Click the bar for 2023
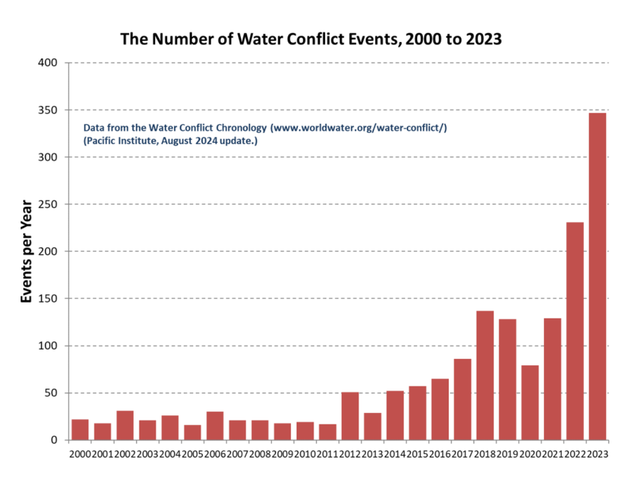click(x=597, y=276)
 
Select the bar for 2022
click(x=575, y=331)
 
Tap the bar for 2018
click(x=485, y=375)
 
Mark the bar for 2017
click(x=463, y=399)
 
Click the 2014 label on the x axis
click(x=395, y=454)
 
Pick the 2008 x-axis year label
click(x=260, y=454)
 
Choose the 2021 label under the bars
click(x=552, y=454)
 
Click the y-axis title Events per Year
click(x=27, y=251)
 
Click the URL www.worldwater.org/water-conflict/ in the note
click(x=358, y=128)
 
